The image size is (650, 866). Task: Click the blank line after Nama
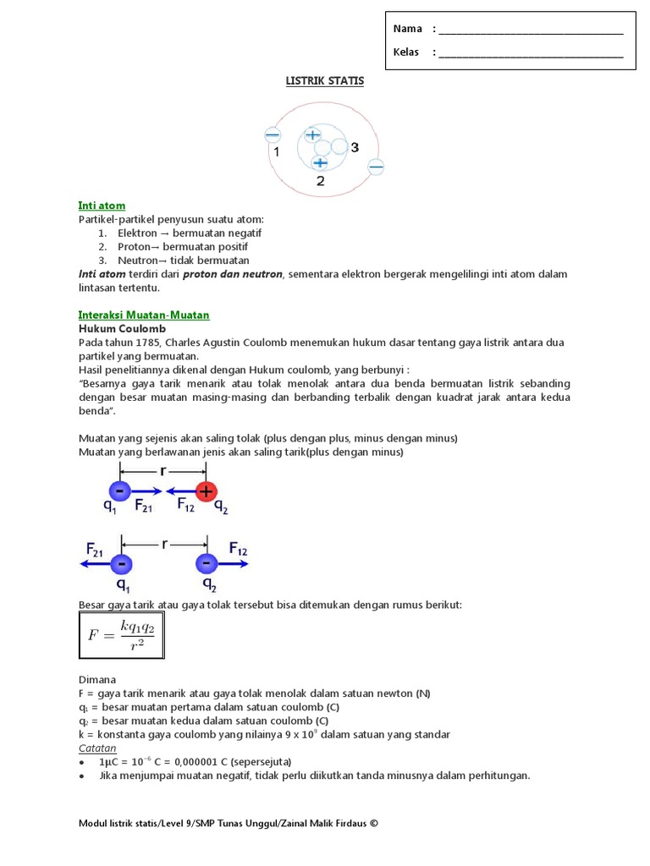(x=531, y=30)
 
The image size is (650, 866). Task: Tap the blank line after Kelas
(x=531, y=52)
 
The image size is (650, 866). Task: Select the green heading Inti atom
(x=102, y=206)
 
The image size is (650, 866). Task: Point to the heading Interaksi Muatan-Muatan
(x=143, y=315)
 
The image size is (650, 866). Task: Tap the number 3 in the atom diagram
(x=355, y=147)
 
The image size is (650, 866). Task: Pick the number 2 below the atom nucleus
(x=320, y=180)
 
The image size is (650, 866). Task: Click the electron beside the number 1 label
(x=273, y=134)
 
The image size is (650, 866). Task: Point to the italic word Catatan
(x=96, y=748)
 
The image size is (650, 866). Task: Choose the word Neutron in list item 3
(x=137, y=260)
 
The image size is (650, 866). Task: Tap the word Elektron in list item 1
(x=138, y=233)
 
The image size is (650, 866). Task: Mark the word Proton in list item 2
(x=135, y=247)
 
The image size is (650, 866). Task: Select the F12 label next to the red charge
(x=189, y=506)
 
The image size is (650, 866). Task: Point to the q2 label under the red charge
(x=220, y=507)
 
